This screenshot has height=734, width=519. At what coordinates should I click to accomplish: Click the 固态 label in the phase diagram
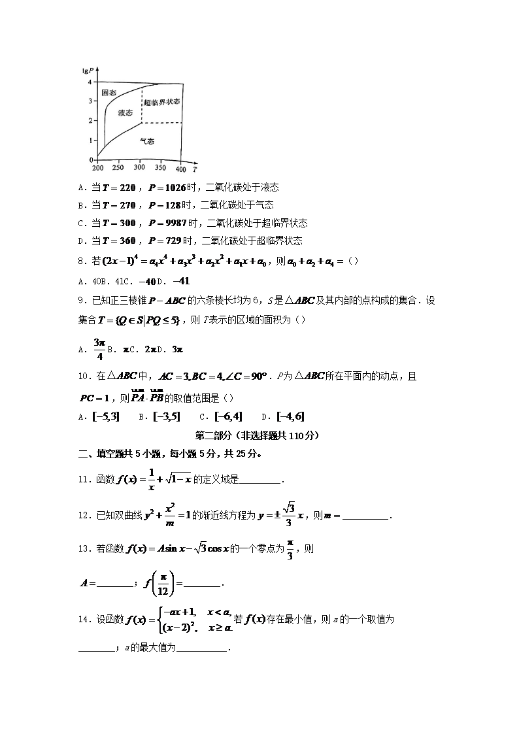coord(109,93)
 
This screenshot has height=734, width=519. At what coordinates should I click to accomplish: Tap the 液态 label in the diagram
coord(125,112)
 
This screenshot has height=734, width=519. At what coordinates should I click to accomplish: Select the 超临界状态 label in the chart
coord(161,102)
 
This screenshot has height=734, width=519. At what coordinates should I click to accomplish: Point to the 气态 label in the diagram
coord(147,141)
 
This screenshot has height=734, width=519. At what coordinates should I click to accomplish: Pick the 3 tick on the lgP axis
coord(90,101)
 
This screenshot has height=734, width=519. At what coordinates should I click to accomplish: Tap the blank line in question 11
coord(260,482)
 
